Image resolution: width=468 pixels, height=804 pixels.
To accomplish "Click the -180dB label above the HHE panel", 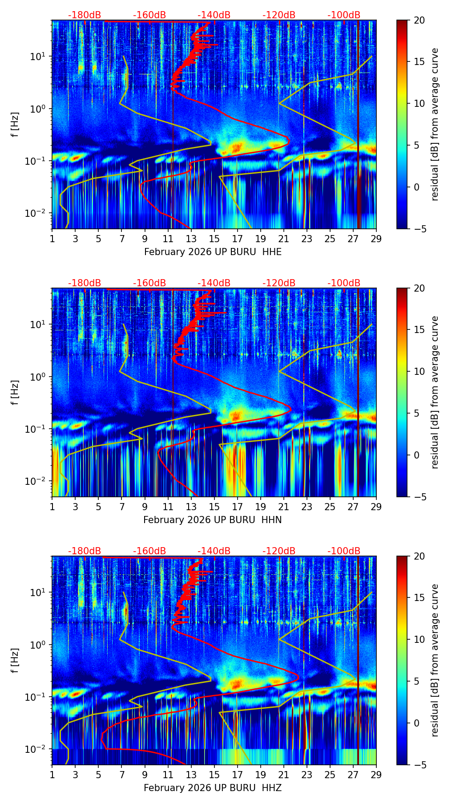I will pos(85,15).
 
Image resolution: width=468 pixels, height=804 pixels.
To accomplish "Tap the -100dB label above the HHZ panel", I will pos(344,551).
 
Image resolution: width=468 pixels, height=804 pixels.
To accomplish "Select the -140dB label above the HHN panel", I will pos(214,283).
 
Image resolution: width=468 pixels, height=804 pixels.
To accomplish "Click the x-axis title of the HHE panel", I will pos(213,252).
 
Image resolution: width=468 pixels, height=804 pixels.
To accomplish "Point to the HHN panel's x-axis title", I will pos(213,520).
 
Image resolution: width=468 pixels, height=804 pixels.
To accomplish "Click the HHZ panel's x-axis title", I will pos(213,788).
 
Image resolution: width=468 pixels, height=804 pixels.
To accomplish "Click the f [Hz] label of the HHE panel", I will pos(15,124).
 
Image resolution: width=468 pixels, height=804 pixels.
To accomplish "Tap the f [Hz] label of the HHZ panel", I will pos(15,660).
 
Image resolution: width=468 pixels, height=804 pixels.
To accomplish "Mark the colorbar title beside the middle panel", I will pos(435,392).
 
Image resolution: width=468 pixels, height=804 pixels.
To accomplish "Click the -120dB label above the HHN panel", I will pos(279,283).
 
